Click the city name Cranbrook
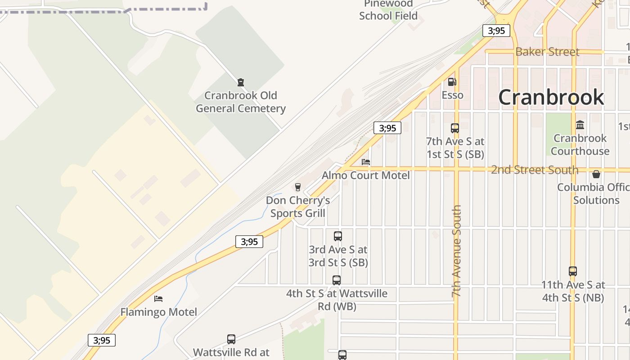tap(551, 97)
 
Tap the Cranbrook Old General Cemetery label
tap(240, 102)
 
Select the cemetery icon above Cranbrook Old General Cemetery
tap(241, 82)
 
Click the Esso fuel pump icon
tap(452, 82)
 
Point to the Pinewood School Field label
tap(388, 10)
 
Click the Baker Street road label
tap(547, 52)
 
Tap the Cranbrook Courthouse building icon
tap(580, 125)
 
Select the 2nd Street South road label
tap(535, 170)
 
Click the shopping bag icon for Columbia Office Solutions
tap(596, 174)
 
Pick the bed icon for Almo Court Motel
tap(366, 162)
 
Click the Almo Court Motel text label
tap(365, 175)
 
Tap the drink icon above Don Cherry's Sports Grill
tap(297, 187)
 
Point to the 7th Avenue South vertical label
tap(457, 251)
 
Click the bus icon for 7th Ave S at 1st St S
tap(455, 128)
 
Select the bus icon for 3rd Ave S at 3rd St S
tap(337, 236)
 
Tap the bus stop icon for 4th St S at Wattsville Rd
tap(337, 280)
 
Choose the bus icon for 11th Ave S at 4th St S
tap(572, 271)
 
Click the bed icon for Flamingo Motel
tap(158, 298)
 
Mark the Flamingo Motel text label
tap(158, 312)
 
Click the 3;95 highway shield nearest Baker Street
tap(496, 31)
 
